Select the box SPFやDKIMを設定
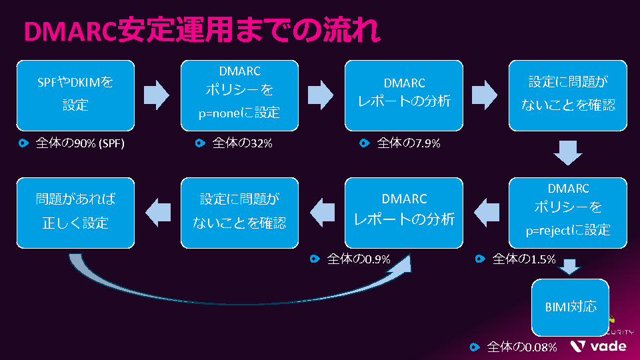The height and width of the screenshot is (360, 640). coord(75,95)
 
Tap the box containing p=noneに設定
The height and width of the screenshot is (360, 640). coord(239,95)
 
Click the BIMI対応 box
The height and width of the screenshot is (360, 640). coord(566,307)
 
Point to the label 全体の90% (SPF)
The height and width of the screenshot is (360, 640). coord(80,143)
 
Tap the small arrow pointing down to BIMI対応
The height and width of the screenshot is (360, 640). coord(569,266)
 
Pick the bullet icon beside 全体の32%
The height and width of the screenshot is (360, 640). coord(199,143)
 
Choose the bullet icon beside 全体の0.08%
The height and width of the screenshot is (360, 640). coord(474,347)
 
